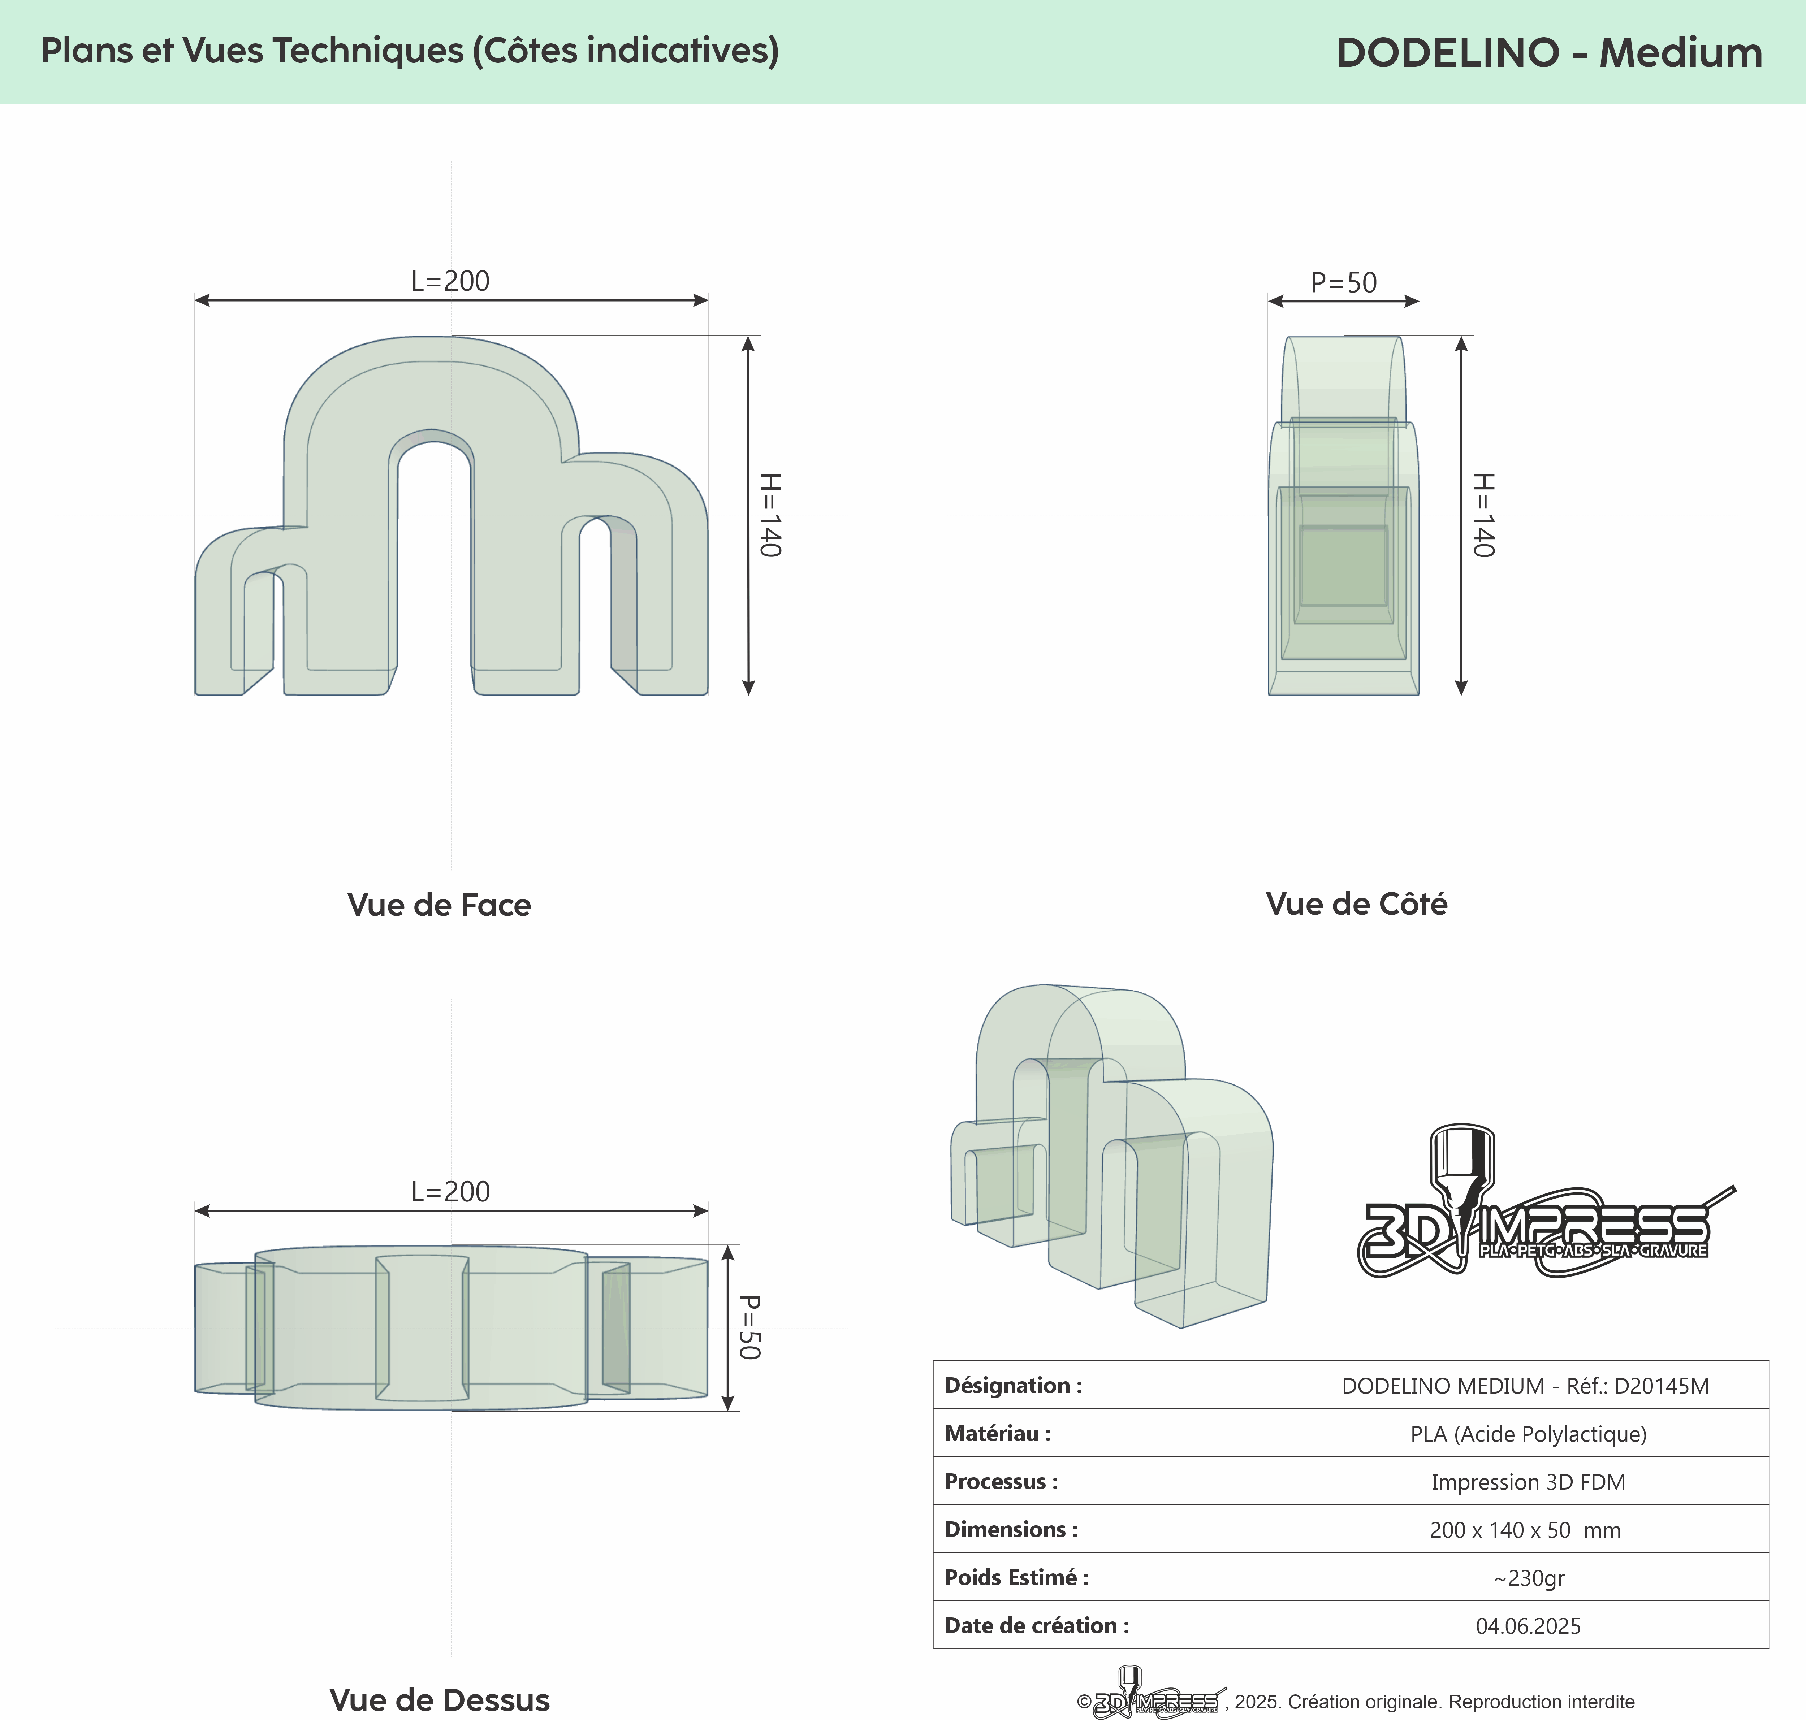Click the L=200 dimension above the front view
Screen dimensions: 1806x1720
tap(450, 281)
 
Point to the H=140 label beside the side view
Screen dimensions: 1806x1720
tap(1483, 515)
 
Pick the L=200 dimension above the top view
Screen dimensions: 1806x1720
tap(450, 1192)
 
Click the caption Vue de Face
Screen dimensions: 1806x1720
tap(439, 905)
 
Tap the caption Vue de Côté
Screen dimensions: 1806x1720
tap(1357, 904)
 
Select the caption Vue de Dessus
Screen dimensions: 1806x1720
tap(439, 1700)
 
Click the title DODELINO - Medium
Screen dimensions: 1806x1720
tap(1549, 52)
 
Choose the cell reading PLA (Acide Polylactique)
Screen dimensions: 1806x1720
tap(1528, 1434)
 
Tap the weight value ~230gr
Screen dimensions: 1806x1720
tap(1528, 1578)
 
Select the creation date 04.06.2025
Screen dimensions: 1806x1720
tap(1528, 1625)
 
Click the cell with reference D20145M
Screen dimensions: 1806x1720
tap(1525, 1385)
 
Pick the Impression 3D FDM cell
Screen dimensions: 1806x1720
tap(1528, 1482)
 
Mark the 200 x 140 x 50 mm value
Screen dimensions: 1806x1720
tap(1525, 1529)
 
